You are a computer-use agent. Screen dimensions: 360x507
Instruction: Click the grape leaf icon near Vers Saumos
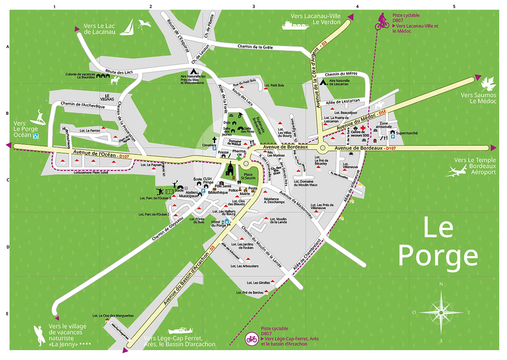[488, 85]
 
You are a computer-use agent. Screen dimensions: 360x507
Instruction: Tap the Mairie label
[245, 194]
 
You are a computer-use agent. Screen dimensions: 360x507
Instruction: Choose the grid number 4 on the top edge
[357, 6]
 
